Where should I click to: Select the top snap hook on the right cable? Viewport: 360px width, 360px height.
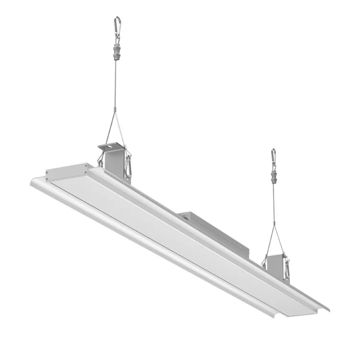coord(273,156)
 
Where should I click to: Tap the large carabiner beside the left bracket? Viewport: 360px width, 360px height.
coord(128,166)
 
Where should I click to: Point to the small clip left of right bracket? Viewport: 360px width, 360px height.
coord(264,262)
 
